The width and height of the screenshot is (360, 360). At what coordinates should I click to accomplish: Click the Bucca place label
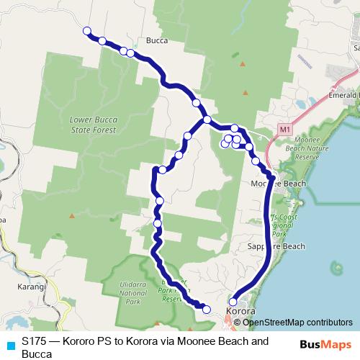click(x=156, y=41)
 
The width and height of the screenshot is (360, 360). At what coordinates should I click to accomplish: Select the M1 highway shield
click(x=285, y=130)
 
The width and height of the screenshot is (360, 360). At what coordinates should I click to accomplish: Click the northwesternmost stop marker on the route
click(x=87, y=31)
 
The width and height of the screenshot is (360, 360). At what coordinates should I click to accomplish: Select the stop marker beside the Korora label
click(x=233, y=302)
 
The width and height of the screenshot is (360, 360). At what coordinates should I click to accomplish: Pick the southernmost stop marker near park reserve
click(x=207, y=310)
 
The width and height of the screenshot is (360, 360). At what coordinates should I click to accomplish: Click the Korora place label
click(x=240, y=312)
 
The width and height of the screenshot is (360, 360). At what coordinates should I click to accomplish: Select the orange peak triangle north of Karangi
click(x=71, y=215)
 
